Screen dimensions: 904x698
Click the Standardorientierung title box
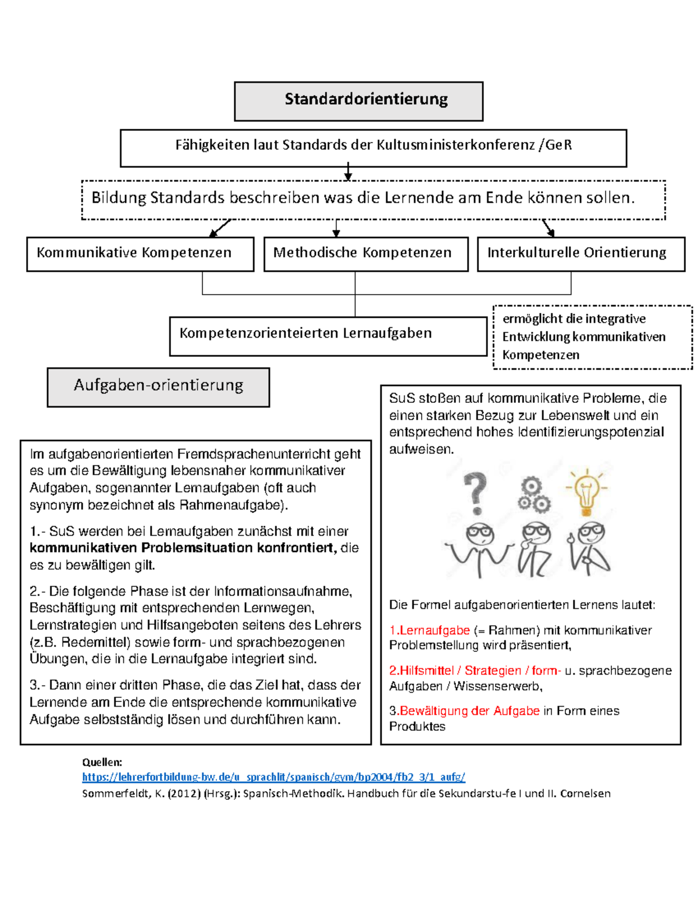[358, 101]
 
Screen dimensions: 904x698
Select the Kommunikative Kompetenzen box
[140, 253]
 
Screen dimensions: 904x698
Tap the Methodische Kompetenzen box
[366, 253]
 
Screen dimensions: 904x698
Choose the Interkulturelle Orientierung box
[581, 253]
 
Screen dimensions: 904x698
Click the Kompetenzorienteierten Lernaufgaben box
[327, 335]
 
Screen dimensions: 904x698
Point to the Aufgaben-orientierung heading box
[158, 387]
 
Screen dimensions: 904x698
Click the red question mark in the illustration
[476, 492]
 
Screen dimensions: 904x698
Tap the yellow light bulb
[586, 492]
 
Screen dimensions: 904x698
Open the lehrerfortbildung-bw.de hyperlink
[273, 777]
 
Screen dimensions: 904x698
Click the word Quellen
[102, 762]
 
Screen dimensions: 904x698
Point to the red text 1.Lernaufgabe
[429, 630]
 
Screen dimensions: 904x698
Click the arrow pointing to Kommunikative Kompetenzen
[219, 228]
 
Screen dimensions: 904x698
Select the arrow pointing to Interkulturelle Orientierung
[548, 228]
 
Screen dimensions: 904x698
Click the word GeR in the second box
[559, 145]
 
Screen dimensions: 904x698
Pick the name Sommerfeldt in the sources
[114, 793]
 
